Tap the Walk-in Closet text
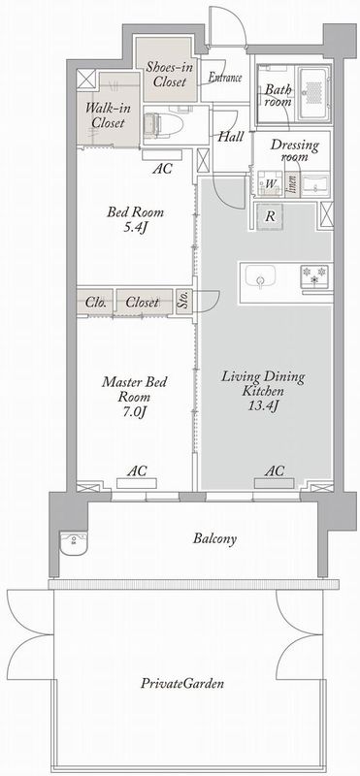coord(105,114)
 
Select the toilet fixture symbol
coord(163,122)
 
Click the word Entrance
coord(225,78)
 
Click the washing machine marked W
coord(271,184)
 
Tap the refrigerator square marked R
coord(271,216)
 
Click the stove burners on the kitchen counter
coord(314,275)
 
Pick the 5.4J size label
coord(135,229)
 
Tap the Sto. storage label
coord(183,302)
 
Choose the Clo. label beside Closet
coord(95,302)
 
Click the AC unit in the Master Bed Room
coord(137,483)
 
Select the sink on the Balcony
coord(74,544)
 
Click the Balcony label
coord(214,538)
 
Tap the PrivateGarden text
coord(182,684)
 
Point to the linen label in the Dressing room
coord(292,184)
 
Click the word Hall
coord(231,137)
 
